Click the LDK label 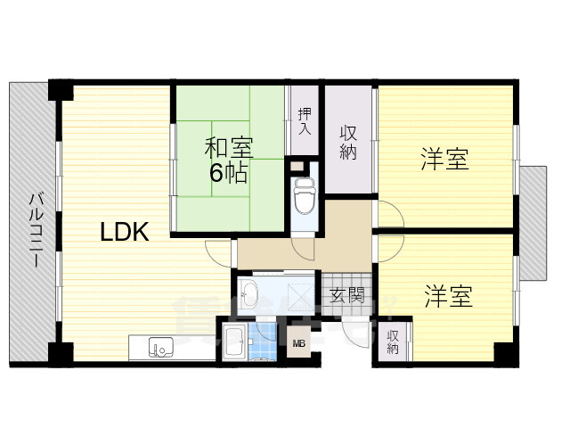[x=124, y=232]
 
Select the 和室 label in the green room [x=228, y=145]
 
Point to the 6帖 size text [x=228, y=172]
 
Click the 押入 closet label [x=305, y=121]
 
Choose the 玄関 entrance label [x=345, y=296]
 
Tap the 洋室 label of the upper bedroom [x=445, y=160]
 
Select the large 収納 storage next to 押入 [x=348, y=140]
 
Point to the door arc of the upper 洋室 [x=390, y=215]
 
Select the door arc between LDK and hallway [x=217, y=252]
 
